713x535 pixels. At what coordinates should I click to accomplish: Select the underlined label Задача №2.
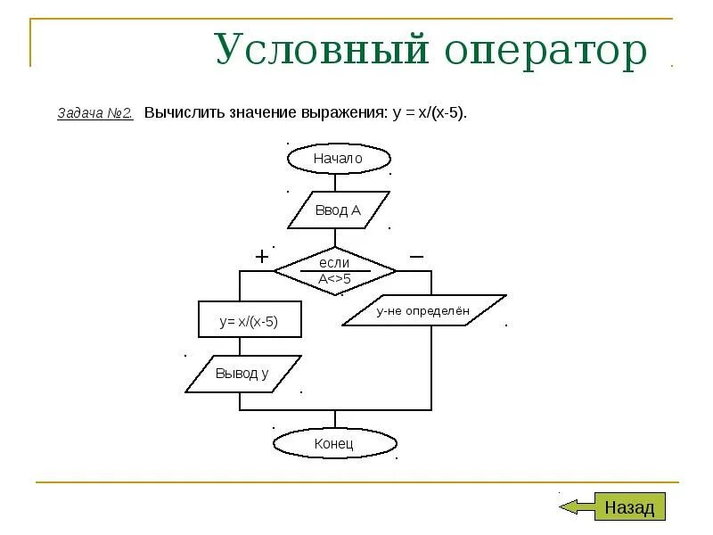pos(95,114)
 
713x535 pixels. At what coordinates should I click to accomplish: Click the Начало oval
pos(338,159)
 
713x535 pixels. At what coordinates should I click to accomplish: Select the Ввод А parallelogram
pos(338,210)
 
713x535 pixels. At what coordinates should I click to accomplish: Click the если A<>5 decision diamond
pos(334,270)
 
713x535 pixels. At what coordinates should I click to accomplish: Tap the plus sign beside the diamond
pos(262,257)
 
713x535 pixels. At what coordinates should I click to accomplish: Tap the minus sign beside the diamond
pos(416,256)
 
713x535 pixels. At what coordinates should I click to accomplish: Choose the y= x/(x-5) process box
pos(250,321)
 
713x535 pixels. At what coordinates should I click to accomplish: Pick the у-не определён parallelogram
pos(423,310)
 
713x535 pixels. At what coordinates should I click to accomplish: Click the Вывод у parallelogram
pos(242,374)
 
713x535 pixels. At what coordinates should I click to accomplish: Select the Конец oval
pos(334,443)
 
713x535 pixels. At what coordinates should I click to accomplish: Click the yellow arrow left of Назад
pos(575,507)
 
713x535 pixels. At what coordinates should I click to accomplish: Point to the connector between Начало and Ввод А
pos(335,183)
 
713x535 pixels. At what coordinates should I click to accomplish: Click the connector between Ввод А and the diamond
pos(335,238)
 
